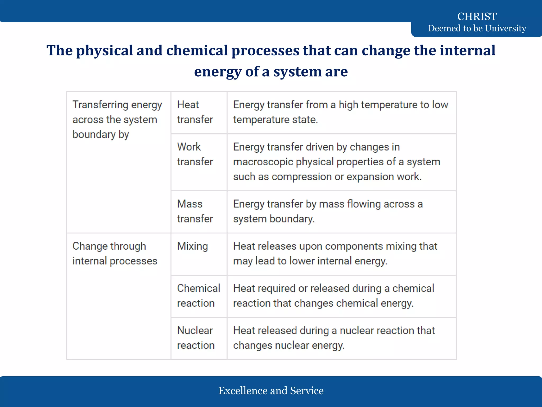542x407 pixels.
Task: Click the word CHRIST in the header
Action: pos(477,16)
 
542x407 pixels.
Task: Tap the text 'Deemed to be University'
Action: pos(477,28)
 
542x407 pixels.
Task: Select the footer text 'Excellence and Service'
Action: pos(271,391)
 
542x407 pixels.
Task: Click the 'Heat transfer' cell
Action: pos(195,112)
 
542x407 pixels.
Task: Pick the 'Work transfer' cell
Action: pos(195,154)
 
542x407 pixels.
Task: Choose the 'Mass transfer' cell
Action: pos(195,211)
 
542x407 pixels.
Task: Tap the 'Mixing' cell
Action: pos(192,246)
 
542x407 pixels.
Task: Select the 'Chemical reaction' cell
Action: pos(198,296)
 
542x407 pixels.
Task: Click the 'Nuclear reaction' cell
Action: pos(196,338)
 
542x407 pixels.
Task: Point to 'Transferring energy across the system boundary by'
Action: pos(117,120)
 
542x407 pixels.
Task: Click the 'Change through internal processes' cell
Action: pos(115,254)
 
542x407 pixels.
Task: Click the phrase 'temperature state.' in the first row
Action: pos(275,120)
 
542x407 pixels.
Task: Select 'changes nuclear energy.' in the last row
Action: pos(289,346)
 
